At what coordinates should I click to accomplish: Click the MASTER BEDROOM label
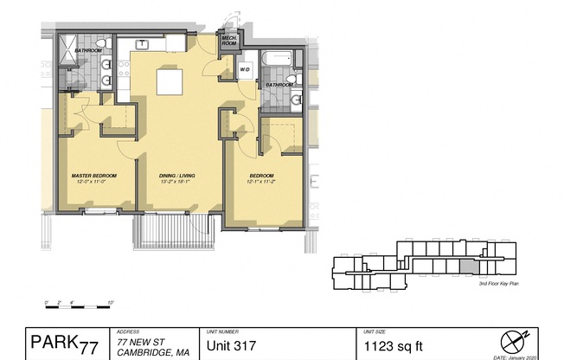coord(93,176)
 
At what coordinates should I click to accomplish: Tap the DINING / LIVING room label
coord(176,176)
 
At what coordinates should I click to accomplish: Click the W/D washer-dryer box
coord(244,69)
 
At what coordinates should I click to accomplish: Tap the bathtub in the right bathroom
coord(274,60)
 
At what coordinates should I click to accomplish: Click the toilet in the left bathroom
coord(101,43)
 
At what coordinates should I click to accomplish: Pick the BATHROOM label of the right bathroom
coord(279,85)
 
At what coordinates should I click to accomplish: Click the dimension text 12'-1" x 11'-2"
coord(263,183)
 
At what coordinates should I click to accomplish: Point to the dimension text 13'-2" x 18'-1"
coord(176,183)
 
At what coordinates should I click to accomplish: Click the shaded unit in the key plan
coord(466,269)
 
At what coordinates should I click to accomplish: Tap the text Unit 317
coord(232,347)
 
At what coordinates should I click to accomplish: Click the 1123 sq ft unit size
coord(394,347)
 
